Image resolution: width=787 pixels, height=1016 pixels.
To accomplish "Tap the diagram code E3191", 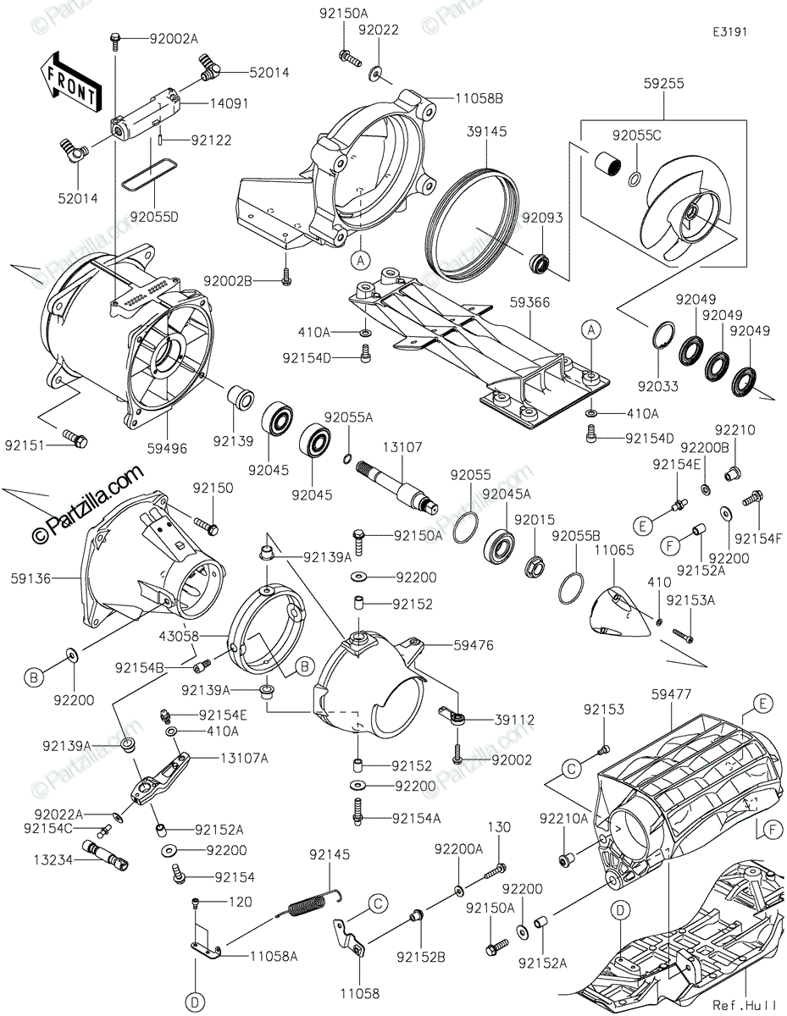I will [729, 32].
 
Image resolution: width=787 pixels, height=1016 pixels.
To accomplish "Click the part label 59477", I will [673, 694].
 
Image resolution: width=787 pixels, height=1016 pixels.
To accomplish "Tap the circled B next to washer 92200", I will [33, 677].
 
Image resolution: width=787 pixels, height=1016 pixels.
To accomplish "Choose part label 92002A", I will [173, 38].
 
